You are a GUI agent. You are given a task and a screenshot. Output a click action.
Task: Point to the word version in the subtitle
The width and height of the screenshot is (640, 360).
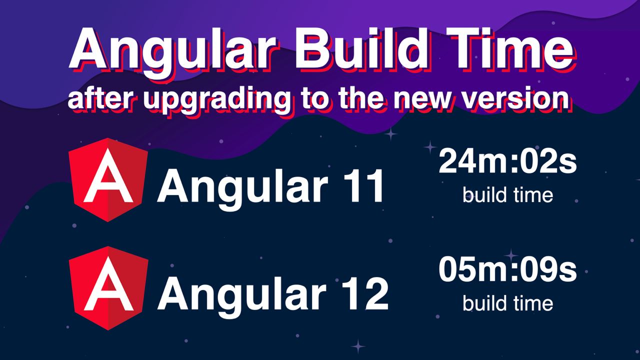515,99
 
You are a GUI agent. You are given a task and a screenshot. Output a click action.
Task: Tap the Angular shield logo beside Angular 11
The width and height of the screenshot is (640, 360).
108,179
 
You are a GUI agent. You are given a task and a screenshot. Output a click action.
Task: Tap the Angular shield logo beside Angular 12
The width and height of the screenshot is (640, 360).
108,288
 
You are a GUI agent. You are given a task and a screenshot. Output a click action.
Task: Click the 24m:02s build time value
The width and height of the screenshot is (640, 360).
507,161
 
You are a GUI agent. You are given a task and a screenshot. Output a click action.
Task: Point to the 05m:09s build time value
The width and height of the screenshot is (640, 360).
507,269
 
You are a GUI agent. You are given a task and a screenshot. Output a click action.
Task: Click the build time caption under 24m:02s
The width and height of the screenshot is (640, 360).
507,195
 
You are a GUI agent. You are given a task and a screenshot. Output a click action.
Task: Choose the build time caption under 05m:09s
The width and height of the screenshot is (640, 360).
507,303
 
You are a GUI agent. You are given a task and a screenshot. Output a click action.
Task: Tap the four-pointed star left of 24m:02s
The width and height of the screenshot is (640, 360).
429,147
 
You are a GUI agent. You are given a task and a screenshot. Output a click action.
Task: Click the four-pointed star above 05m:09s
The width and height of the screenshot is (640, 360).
511,255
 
